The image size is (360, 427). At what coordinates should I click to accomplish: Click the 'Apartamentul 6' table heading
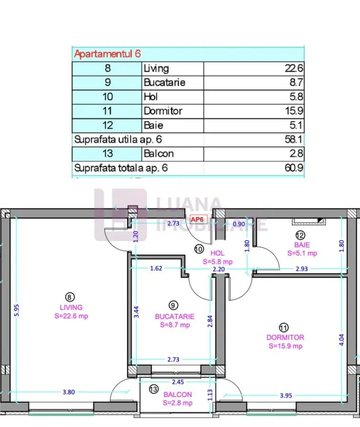[107, 54]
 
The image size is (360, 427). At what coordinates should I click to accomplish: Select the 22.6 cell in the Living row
[294, 68]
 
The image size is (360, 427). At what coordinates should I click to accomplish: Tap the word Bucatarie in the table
[165, 83]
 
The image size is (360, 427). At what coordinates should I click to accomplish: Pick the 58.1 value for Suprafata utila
[294, 139]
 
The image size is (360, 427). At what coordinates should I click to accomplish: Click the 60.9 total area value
[294, 168]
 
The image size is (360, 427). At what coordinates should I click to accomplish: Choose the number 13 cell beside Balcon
[107, 154]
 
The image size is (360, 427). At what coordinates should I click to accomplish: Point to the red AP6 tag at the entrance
[197, 220]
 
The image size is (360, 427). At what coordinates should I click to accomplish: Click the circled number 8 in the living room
[70, 297]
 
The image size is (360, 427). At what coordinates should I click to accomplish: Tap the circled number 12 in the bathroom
[300, 235]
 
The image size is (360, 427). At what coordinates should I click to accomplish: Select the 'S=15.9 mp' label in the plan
[285, 346]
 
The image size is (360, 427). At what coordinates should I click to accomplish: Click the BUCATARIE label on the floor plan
[175, 316]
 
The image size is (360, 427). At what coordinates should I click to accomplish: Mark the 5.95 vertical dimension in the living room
[17, 310]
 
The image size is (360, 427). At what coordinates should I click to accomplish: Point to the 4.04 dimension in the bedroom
[341, 340]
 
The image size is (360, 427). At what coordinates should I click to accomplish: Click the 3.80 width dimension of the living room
[69, 392]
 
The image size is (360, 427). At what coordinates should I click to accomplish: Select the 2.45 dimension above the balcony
[178, 382]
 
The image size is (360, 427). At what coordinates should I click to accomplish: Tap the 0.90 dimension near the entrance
[239, 224]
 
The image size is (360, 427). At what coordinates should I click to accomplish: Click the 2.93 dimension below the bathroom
[302, 269]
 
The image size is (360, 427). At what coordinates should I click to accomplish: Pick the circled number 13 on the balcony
[154, 389]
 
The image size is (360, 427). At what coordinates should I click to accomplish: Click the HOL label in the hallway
[218, 253]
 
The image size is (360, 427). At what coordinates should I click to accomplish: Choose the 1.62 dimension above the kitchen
[156, 268]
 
